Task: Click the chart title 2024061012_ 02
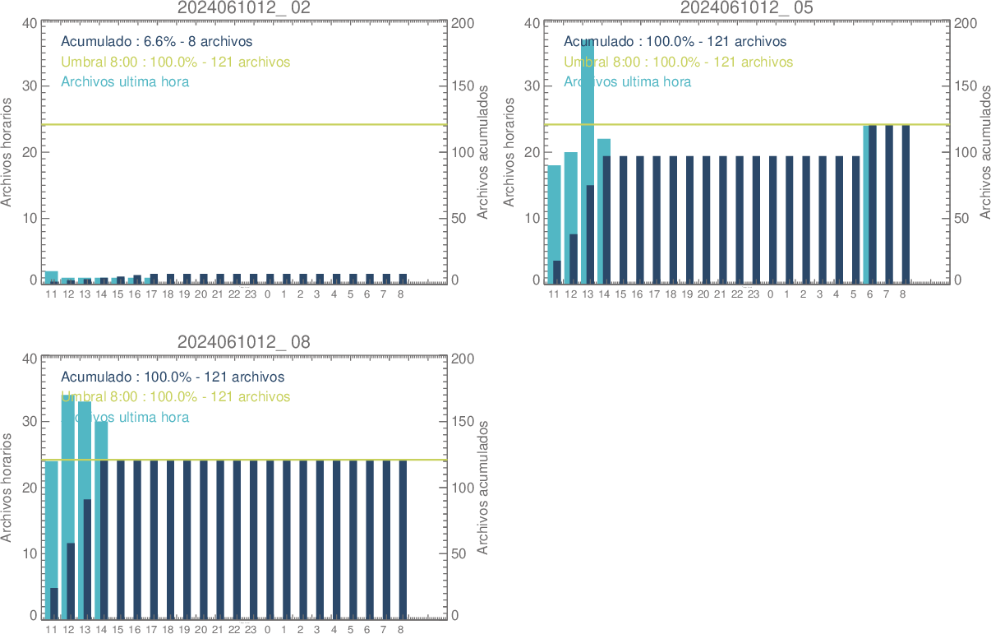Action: (x=244, y=8)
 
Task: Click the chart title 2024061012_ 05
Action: (x=747, y=8)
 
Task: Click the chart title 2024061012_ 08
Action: (x=244, y=342)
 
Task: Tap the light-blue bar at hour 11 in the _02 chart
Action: (x=51, y=275)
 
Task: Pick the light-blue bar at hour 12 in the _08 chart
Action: (x=67, y=469)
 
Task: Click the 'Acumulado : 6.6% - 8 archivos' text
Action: (x=157, y=41)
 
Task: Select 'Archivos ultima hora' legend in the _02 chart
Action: (x=125, y=81)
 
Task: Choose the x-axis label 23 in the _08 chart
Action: (x=251, y=630)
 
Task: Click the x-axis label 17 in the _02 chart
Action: (x=151, y=294)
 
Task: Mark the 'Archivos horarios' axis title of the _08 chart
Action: (x=7, y=487)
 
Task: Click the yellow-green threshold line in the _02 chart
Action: (x=247, y=124)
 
